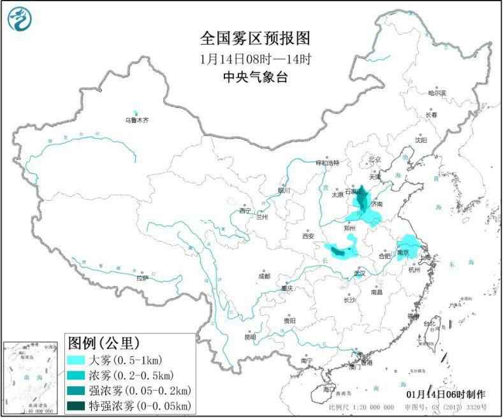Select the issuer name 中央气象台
[255, 77]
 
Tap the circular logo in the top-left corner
[20, 19]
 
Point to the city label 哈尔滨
[437, 93]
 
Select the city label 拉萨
[142, 278]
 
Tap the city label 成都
[263, 276]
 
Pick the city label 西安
[309, 236]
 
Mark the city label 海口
[328, 389]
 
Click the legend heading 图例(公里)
[103, 344]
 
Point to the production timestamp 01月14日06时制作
[445, 394]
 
